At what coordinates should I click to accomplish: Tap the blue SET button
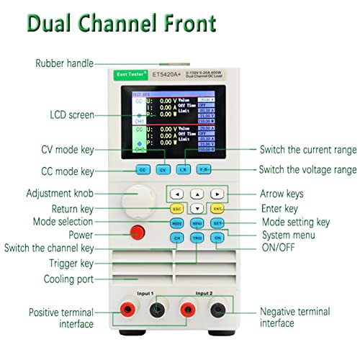217,222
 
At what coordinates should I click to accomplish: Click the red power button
137,232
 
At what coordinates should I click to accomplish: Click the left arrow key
176,194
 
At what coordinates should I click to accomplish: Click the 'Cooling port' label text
70,279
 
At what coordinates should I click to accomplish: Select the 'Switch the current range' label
308,150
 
